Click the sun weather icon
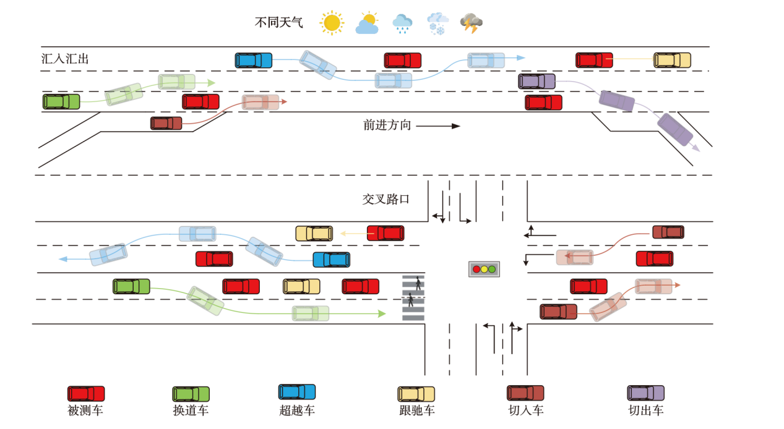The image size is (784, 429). (x=332, y=23)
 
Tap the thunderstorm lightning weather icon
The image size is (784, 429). (x=471, y=23)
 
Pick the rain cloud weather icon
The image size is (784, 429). (x=402, y=23)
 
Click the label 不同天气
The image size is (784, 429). (x=279, y=23)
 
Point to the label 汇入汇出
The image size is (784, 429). (x=65, y=59)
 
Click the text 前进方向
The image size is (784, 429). (x=387, y=125)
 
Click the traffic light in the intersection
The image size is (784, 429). (x=484, y=269)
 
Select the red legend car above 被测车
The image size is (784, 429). (x=86, y=394)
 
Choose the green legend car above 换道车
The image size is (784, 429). (x=191, y=394)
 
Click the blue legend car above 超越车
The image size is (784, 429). (x=297, y=392)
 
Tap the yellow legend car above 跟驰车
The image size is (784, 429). (x=416, y=394)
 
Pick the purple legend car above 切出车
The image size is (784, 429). (x=645, y=393)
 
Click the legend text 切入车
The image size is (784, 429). (x=525, y=410)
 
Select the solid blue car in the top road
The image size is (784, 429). (x=253, y=61)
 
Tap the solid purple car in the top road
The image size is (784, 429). (x=536, y=82)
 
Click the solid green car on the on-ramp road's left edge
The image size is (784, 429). (x=61, y=101)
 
